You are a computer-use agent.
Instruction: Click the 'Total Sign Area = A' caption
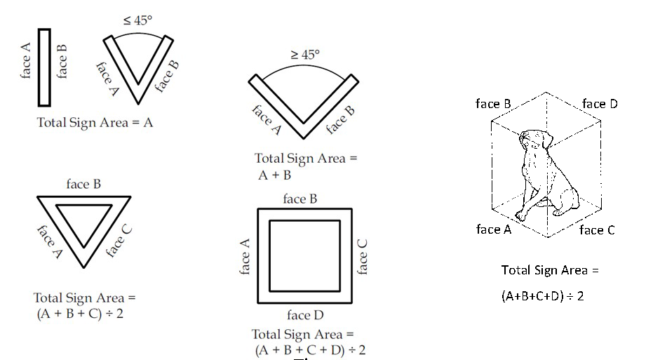click(x=95, y=121)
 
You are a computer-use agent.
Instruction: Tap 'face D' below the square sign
click(x=306, y=315)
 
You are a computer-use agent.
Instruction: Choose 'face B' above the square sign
click(x=300, y=199)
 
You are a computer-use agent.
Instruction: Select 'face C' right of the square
click(x=362, y=257)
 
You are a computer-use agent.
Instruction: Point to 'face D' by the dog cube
click(x=600, y=104)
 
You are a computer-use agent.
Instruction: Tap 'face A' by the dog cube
click(x=498, y=229)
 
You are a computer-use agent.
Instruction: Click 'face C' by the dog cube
click(x=596, y=229)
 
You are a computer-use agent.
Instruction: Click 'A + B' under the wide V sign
click(x=274, y=175)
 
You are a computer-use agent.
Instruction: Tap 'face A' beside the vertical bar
click(x=27, y=61)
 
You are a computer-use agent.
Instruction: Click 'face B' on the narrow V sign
click(x=166, y=76)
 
